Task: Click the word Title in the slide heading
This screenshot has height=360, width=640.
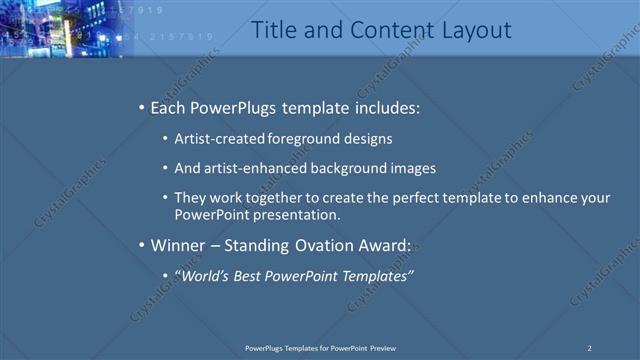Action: [x=271, y=30]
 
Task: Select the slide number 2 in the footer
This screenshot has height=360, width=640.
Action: [x=589, y=348]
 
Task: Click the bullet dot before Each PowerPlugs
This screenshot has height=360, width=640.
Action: [x=141, y=107]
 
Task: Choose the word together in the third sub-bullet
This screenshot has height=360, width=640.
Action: [x=280, y=198]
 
